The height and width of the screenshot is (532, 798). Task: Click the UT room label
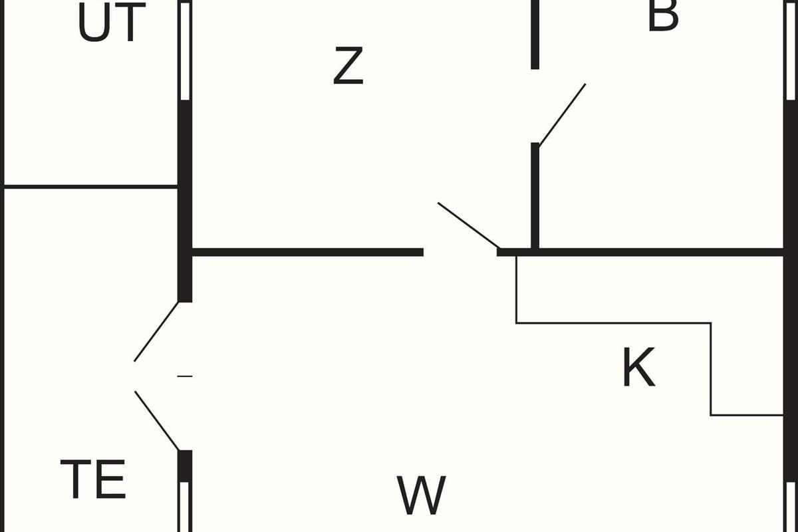[x=112, y=23]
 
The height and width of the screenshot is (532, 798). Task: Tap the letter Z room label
[x=348, y=66]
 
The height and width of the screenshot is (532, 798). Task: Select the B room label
[x=663, y=16]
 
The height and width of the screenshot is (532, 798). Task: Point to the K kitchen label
[x=639, y=367]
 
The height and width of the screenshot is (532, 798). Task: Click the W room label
[x=421, y=495]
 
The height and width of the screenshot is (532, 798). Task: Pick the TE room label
[x=93, y=479]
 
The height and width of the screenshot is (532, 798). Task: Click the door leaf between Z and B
[x=562, y=115]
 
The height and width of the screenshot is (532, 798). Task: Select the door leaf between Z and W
[x=468, y=225]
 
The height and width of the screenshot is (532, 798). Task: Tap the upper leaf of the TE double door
[x=156, y=332]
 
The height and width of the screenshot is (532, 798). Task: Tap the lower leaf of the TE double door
[x=157, y=421]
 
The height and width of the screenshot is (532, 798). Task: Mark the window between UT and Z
[x=185, y=51]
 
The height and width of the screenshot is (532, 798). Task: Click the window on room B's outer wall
[x=791, y=51]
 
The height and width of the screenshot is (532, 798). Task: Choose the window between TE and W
[x=185, y=507]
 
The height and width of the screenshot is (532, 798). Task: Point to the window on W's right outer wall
[x=791, y=507]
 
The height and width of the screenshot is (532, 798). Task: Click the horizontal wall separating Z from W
[x=308, y=252]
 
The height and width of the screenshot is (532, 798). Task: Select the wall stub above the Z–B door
[x=535, y=35]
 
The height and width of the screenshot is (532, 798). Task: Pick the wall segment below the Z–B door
[x=535, y=196]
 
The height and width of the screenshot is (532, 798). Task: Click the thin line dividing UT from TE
[x=91, y=186]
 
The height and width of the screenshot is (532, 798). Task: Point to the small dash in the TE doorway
[x=185, y=376]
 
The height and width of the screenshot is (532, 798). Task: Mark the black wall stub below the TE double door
[x=185, y=466]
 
